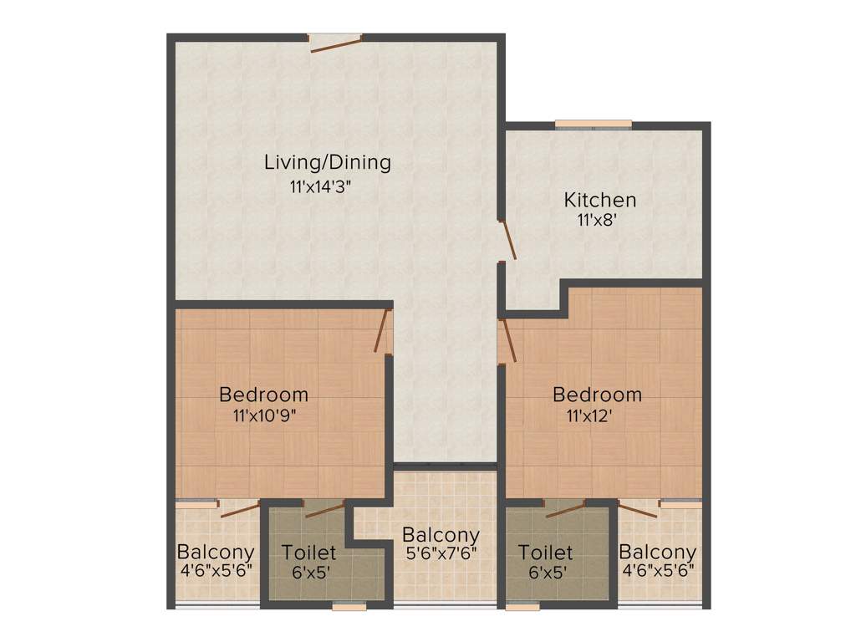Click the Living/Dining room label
pos(327,162)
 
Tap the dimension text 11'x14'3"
pos(327,187)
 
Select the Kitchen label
pos(599,201)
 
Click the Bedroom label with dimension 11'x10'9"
pos(263,394)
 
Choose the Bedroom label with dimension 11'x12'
pos(597,394)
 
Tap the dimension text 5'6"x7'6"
pos(441,554)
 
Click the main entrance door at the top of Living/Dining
pos(335,43)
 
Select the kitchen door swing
pos(508,240)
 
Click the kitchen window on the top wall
pos(594,125)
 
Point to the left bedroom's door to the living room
pos(384,331)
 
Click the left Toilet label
pos(308,553)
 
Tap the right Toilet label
pos(545,553)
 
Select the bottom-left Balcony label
pos(215,553)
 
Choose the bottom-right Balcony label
pos(657,553)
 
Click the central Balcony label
pos(441,535)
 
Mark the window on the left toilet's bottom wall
pos(349,608)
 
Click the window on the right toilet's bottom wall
pos(522,608)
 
